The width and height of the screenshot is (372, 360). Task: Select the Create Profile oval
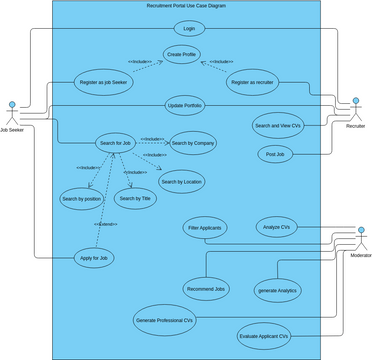point(182,54)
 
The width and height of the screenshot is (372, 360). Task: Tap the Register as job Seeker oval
point(101,81)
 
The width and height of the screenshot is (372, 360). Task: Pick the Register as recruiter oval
point(252,81)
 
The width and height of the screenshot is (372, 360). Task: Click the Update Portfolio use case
point(184,105)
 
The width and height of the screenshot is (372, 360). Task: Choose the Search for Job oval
point(115,143)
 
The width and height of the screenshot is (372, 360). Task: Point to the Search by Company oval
point(193,143)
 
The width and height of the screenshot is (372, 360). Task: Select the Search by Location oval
point(181,181)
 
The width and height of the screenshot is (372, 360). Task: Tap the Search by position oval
point(82,198)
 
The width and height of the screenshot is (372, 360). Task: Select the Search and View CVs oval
point(277,125)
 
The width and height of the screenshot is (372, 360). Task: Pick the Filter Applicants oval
point(205,228)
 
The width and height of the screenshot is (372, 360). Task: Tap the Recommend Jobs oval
point(206,288)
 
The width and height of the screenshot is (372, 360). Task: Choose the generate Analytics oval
point(278,289)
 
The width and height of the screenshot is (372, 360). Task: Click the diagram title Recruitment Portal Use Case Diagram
point(186,6)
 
